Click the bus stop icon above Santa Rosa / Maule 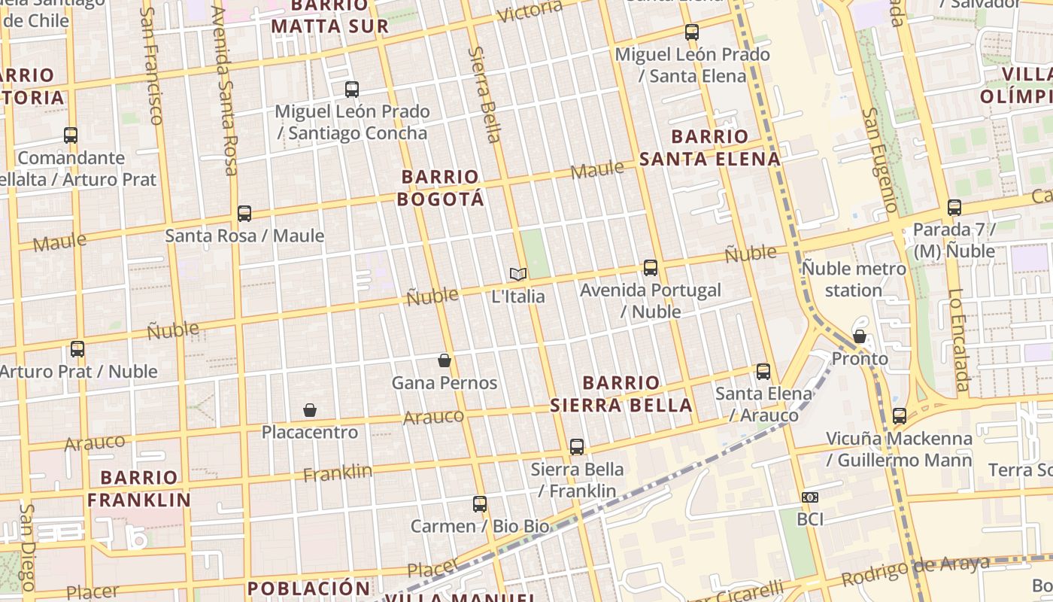click(244, 213)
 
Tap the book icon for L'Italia click(517, 274)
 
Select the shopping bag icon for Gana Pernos click(445, 360)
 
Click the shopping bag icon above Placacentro click(309, 410)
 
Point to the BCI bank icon click(810, 497)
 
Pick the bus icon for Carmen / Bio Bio click(480, 503)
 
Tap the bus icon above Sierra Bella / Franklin click(577, 446)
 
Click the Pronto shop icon click(860, 336)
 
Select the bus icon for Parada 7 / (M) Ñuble click(954, 207)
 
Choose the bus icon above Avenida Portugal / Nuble click(651, 267)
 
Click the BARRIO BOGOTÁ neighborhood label click(441, 188)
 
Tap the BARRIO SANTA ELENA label click(710, 147)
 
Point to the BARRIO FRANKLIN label click(139, 488)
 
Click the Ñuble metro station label click(854, 279)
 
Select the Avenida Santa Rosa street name click(225, 90)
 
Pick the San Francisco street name click(152, 66)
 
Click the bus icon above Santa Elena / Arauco click(763, 371)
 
